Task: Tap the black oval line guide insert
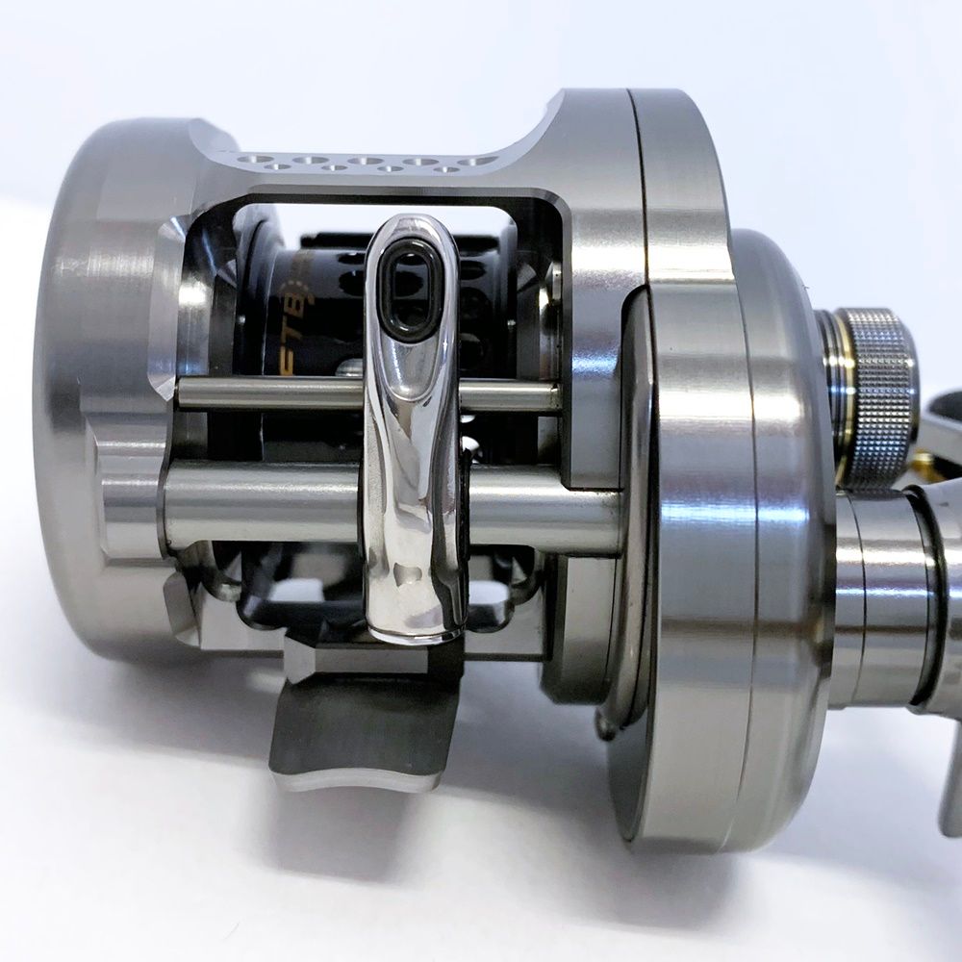405,289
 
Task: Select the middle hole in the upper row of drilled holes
366,160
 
